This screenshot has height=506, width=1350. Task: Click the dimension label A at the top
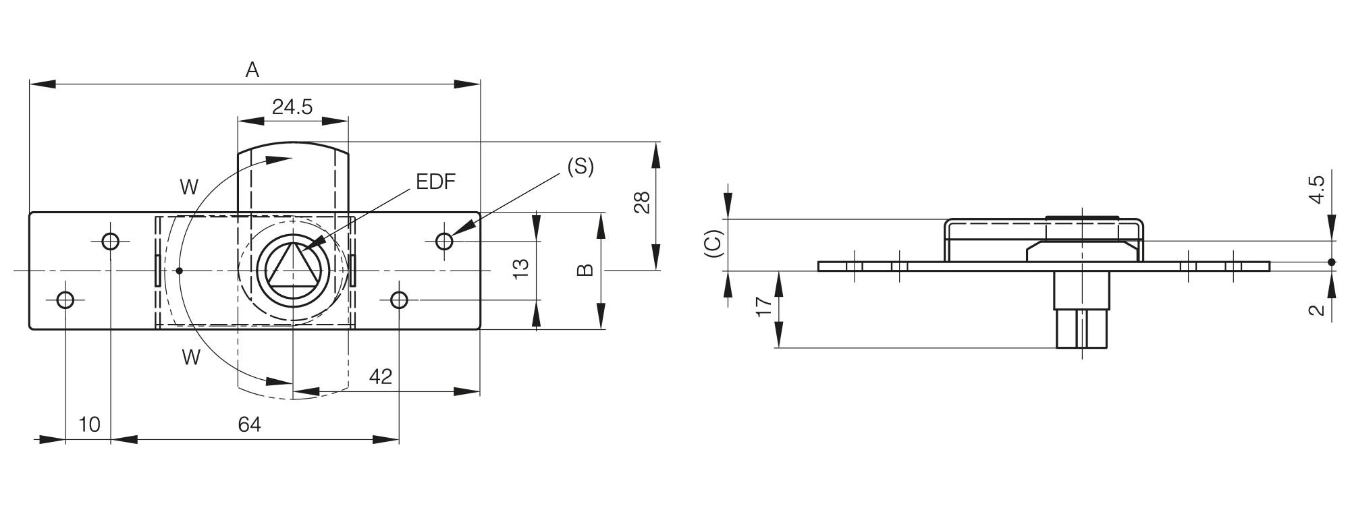pos(252,69)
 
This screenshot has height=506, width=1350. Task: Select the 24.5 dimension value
pos(292,107)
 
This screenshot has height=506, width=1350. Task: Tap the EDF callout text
pos(435,181)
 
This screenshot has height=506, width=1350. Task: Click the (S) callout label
pos(580,166)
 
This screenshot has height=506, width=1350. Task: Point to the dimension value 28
pos(642,202)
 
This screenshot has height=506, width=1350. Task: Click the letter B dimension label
pos(585,270)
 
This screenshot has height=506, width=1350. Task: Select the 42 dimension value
pos(381,376)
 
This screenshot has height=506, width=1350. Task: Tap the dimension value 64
pos(249,424)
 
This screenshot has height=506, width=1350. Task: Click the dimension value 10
pos(89,424)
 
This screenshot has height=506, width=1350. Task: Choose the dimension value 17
pos(763,306)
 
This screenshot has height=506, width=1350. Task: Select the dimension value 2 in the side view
pos(1316,310)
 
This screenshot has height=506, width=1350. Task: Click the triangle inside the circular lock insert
pos(292,269)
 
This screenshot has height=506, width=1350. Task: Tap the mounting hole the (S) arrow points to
pos(444,241)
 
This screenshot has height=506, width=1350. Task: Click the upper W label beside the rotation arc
pos(189,187)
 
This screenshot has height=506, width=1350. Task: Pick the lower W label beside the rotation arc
pos(191,358)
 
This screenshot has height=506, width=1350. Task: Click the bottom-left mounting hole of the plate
pos(65,300)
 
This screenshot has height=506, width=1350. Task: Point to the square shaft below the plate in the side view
pos(1081,328)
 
